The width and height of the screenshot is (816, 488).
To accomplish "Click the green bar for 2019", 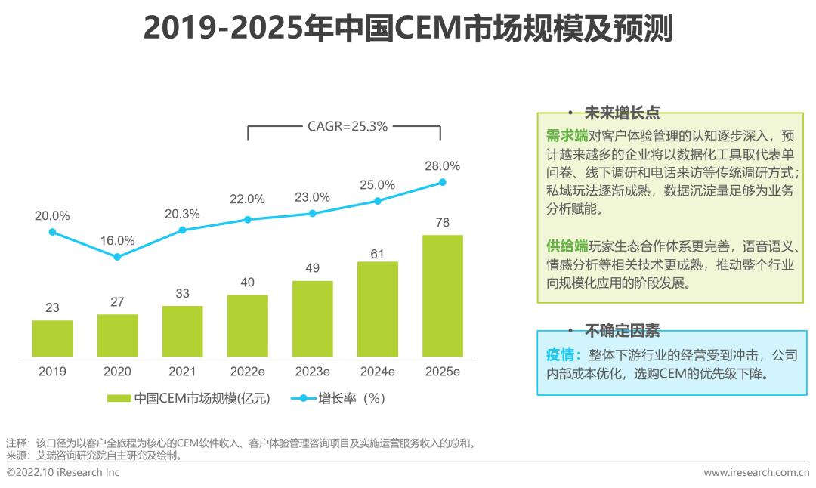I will [52, 338].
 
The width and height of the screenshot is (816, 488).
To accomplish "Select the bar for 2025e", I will [442, 295].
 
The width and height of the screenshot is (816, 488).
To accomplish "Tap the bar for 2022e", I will [247, 326].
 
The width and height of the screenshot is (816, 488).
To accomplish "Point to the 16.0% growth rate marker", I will [117, 257].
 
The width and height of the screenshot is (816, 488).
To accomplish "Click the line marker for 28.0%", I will [443, 182].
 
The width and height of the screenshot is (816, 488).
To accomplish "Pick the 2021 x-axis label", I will [182, 372].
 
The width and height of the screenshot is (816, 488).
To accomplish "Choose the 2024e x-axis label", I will [377, 372].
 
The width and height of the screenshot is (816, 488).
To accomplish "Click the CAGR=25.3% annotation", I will [347, 127].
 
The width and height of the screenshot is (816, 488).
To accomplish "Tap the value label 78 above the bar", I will [443, 223].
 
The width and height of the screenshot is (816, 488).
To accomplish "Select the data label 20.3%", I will [182, 214].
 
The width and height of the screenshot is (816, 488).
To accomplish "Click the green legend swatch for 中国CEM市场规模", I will [119, 398].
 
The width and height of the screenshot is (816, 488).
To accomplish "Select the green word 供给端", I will [567, 246].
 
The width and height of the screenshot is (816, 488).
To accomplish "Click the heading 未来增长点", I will [622, 113].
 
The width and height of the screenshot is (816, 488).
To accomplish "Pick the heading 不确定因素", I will [622, 330].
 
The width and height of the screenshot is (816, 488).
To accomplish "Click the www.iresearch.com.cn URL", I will [756, 473].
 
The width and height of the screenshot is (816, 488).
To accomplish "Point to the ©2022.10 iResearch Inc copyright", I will [63, 473].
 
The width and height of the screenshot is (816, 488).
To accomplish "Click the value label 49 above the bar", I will [312, 268].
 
